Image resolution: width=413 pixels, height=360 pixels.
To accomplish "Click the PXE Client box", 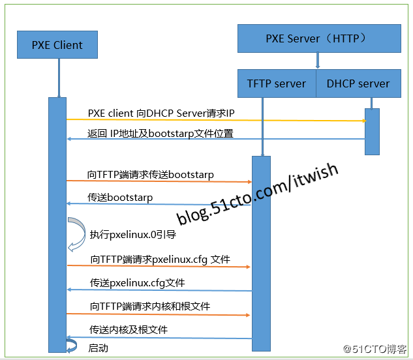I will coord(57,45).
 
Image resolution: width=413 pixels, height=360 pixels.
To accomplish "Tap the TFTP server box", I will coord(277,83).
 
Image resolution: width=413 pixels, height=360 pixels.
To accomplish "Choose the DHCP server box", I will coord(358,83).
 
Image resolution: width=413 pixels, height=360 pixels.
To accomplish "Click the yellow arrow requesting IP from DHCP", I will coord(215,120).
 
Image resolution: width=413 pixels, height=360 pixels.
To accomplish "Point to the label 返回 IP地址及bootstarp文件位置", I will coord(161,134).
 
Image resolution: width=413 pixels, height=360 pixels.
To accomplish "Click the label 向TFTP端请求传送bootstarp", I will coord(151,175).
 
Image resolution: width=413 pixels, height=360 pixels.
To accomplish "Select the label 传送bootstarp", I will coord(120,197).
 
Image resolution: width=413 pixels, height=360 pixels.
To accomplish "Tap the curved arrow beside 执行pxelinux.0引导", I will coord(76,233).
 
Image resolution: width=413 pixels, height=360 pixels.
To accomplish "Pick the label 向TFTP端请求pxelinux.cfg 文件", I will coord(161,260).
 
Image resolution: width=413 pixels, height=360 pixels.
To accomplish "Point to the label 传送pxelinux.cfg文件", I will coord(138,283).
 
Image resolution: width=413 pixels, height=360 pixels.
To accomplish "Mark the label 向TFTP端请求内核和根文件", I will coord(150,306).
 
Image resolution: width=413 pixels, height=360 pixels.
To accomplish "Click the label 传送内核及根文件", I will coord(129,329).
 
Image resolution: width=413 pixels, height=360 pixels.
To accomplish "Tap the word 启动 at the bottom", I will coord(99,348).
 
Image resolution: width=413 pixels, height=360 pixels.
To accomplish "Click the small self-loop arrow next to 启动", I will coord(72,345).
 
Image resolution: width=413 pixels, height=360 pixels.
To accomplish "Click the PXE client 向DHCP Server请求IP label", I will coord(161,113).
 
